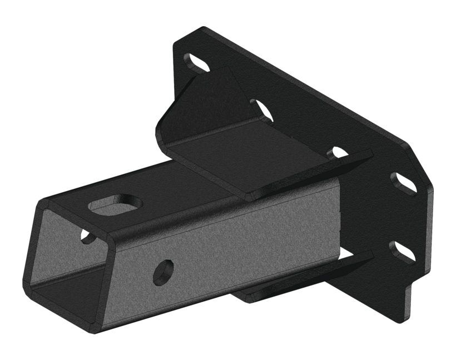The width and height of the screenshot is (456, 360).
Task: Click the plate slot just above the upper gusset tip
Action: [x=338, y=152]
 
